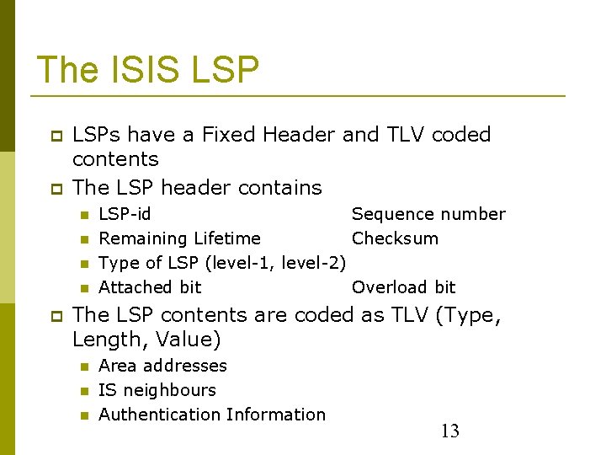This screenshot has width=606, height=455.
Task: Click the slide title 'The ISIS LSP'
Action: [148, 70]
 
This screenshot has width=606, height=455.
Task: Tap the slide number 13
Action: [450, 431]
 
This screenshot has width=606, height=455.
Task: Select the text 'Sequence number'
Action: [428, 214]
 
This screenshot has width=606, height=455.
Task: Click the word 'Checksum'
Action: [395, 238]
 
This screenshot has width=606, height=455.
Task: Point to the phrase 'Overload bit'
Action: [403, 287]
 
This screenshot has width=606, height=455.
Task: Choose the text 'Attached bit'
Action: [150, 287]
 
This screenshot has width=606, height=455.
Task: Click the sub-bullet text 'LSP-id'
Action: [125, 214]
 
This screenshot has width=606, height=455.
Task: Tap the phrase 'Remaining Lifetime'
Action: [179, 238]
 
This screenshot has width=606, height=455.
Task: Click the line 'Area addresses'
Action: [162, 366]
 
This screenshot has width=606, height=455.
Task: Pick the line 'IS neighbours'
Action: [157, 390]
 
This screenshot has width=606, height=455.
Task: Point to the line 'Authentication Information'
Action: [212, 415]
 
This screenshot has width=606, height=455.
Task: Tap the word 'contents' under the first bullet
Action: [115, 159]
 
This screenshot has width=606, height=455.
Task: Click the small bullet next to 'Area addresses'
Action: [84, 367]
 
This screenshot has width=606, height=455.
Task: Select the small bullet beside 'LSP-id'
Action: [84, 215]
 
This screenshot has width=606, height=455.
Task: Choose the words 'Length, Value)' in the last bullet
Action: [146, 340]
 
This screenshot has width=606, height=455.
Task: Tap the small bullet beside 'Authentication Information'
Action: [84, 415]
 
